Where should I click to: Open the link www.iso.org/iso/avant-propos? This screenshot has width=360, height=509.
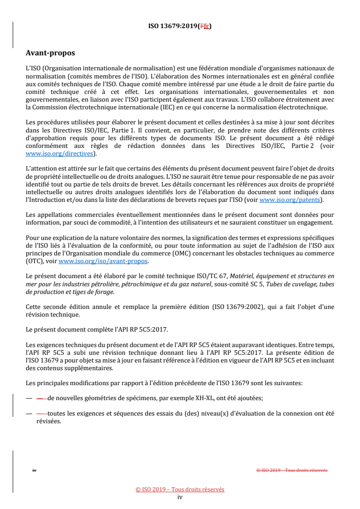pos(103,261)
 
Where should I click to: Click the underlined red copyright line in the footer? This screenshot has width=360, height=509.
pos(180,489)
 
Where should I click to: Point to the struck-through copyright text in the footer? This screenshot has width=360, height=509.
pos(292,470)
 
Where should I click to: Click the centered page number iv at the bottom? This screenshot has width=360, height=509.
pos(180,497)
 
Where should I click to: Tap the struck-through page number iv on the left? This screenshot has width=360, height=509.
pos(34,470)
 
